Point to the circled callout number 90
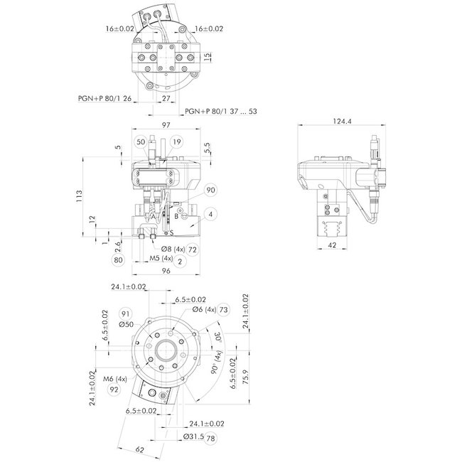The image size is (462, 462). [210, 190]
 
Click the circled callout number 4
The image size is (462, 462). [211, 213]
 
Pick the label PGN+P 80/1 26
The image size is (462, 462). [104, 100]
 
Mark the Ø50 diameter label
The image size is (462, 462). [126, 324]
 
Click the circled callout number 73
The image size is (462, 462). [223, 310]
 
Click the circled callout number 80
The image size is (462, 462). [119, 259]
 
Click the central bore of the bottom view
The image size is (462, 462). [168, 350]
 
